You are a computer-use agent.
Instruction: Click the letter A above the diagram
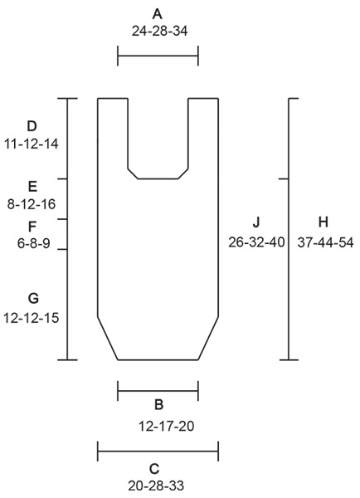tap(158, 13)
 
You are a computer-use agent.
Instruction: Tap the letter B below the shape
tap(158, 405)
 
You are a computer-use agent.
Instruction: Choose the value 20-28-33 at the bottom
tap(158, 486)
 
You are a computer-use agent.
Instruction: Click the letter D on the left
tap(32, 126)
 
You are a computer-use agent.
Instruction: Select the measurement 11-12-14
tap(32, 144)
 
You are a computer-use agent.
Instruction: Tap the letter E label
tap(32, 187)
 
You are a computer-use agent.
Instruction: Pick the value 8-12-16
tap(32, 204)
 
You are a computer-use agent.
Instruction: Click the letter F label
tap(32, 226)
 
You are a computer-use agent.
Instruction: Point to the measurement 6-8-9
tap(32, 243)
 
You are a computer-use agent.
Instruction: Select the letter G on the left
tap(32, 298)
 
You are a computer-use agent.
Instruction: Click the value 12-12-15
tap(32, 317)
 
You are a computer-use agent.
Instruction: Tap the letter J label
tap(256, 222)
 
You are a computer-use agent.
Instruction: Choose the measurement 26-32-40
tap(256, 242)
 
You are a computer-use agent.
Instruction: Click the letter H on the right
tap(324, 222)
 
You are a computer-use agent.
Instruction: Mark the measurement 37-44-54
tap(324, 242)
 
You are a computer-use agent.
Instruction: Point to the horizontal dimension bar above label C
tap(158, 452)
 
